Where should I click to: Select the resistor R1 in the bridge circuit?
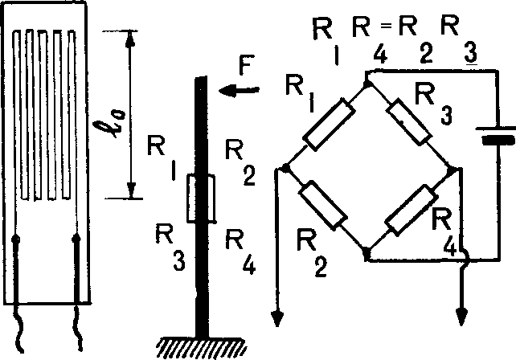(328, 124)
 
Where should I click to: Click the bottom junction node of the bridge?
(367, 256)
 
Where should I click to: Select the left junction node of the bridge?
(285, 169)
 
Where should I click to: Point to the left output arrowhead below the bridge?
(278, 317)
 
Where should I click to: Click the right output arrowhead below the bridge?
(462, 314)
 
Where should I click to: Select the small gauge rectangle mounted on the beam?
(200, 199)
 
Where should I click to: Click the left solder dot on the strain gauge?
(18, 238)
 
